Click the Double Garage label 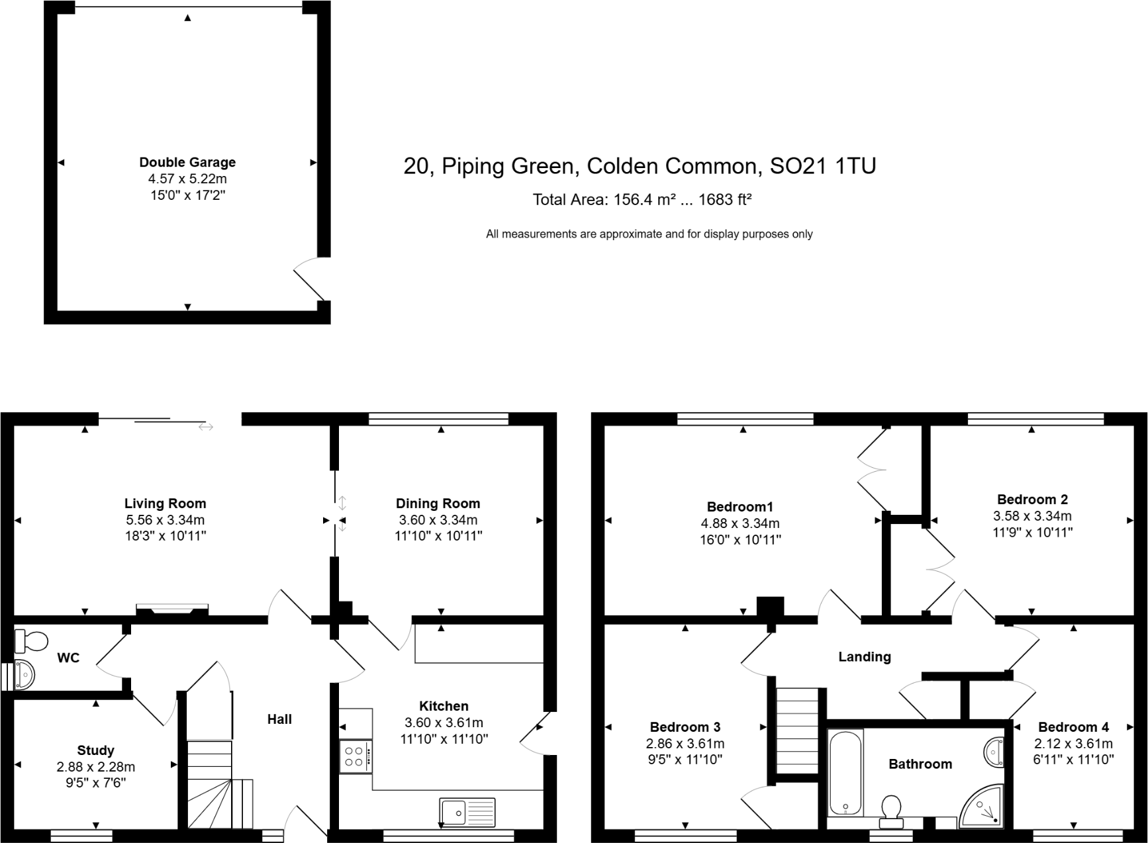click(x=187, y=162)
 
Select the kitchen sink click(x=467, y=811)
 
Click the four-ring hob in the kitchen click(x=356, y=756)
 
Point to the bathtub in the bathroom click(x=845, y=772)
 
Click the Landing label click(x=864, y=656)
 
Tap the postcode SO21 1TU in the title click(x=822, y=165)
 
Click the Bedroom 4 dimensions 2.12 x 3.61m click(x=1073, y=743)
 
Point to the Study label click(x=95, y=750)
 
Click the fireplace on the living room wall click(x=172, y=609)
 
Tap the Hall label click(x=279, y=719)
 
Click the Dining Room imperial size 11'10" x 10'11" click(x=438, y=536)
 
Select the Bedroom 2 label click(x=1031, y=500)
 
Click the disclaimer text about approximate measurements click(x=649, y=234)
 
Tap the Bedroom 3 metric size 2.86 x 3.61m click(x=685, y=743)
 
